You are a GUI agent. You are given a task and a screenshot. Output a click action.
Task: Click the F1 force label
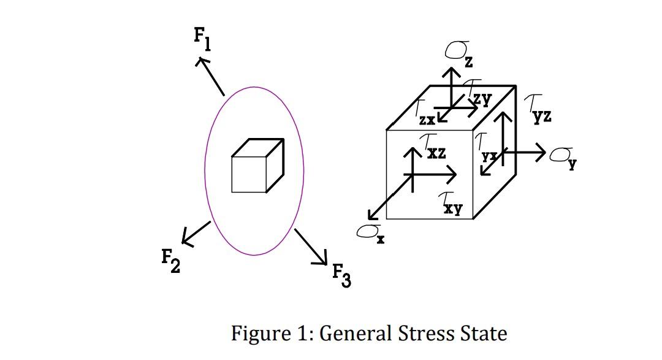point(203,39)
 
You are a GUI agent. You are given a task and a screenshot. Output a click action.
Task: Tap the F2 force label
point(170,261)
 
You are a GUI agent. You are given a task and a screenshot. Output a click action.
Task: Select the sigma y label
point(563,158)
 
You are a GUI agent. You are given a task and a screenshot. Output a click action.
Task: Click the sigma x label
point(370,233)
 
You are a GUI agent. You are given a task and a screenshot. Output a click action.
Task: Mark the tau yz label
point(538,109)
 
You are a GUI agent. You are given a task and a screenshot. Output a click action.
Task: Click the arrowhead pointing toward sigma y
point(541,151)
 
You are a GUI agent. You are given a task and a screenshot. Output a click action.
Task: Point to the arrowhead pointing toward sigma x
point(371,215)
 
